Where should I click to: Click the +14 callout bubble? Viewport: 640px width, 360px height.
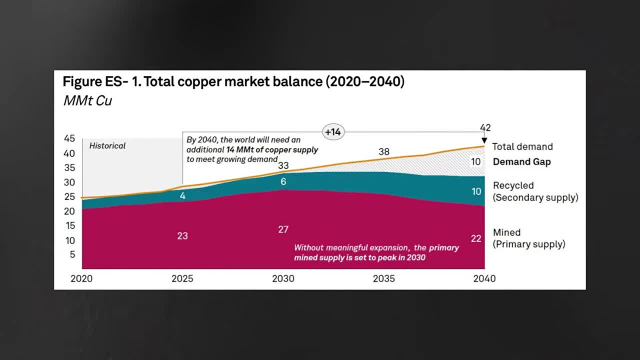click(x=332, y=132)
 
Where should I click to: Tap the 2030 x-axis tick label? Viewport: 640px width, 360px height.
click(x=283, y=278)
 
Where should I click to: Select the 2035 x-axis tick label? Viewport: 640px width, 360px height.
click(x=384, y=278)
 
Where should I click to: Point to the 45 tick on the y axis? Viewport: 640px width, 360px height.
click(x=69, y=139)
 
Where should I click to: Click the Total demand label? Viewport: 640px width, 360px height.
click(x=522, y=146)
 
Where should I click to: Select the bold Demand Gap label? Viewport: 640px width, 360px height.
click(x=521, y=161)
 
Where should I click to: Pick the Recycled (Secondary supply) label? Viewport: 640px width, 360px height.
click(x=535, y=191)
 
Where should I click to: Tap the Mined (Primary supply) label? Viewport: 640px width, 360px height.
click(x=528, y=238)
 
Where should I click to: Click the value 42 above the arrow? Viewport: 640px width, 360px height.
click(x=484, y=128)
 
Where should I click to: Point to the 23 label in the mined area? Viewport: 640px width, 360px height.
click(x=182, y=235)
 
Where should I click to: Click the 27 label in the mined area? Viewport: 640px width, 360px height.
click(x=283, y=229)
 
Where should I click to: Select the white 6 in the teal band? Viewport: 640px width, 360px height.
click(x=283, y=181)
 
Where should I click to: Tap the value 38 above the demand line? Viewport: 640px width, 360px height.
click(x=383, y=151)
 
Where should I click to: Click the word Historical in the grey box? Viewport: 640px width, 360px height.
click(x=107, y=146)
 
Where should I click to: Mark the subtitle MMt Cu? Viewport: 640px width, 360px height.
click(x=87, y=100)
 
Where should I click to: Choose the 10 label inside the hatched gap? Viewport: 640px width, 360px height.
click(x=475, y=161)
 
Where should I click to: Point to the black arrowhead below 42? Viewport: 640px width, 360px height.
click(x=484, y=141)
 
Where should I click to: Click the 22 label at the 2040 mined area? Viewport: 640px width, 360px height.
click(x=475, y=239)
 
